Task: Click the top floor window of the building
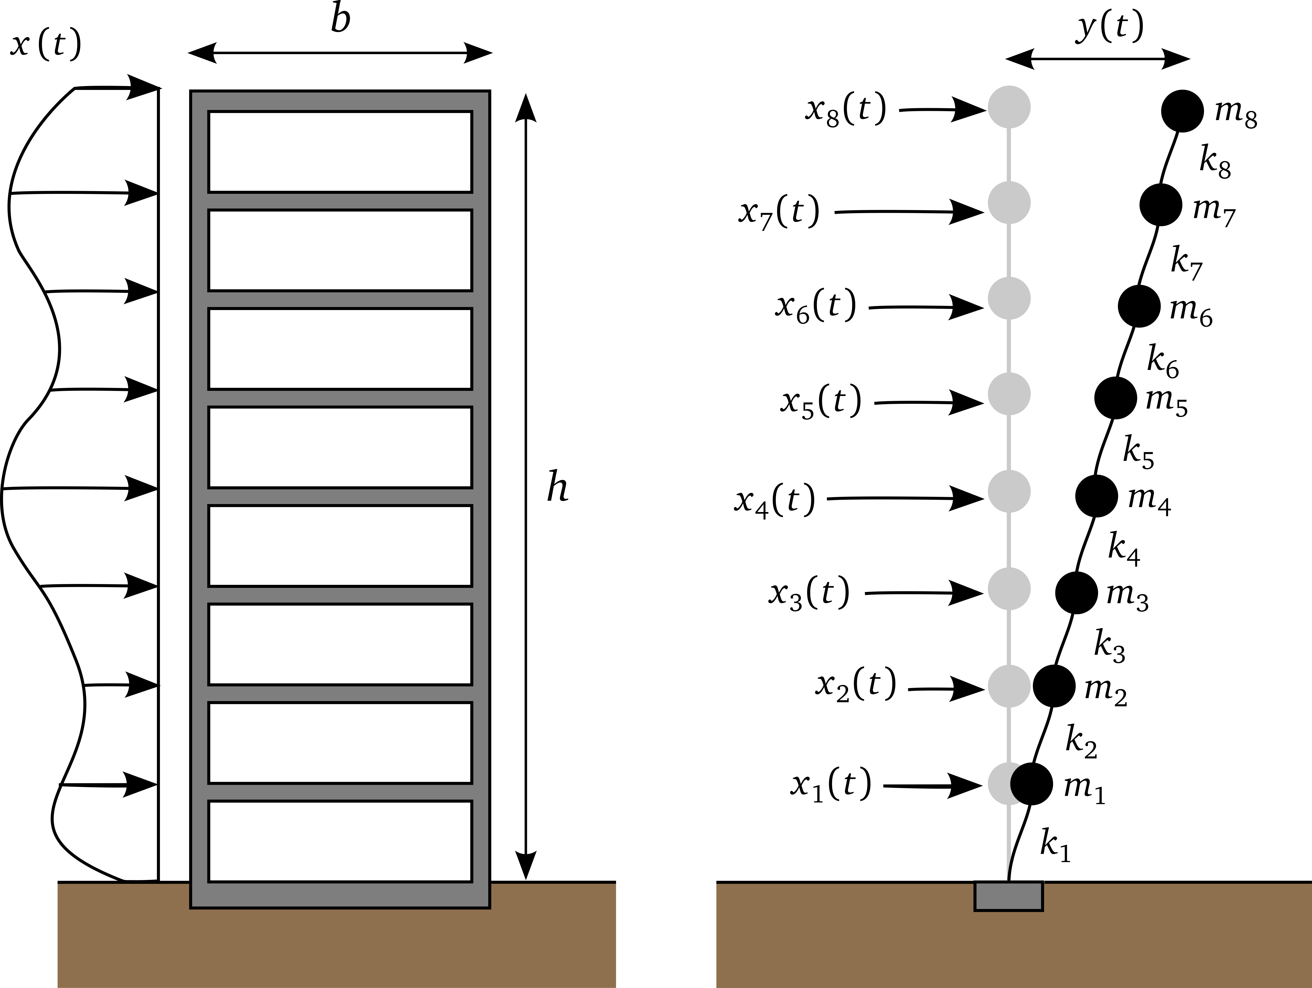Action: [340, 152]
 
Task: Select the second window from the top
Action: [340, 250]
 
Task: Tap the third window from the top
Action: [340, 349]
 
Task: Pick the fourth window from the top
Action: [340, 447]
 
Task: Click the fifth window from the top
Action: [340, 546]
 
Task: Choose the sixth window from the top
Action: [340, 644]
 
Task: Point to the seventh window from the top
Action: [340, 742]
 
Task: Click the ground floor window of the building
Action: [340, 841]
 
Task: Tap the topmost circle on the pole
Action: [1009, 107]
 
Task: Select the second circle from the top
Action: [1009, 203]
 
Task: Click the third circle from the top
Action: [1009, 298]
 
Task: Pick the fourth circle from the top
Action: [1009, 394]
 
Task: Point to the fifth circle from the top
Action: [1009, 491]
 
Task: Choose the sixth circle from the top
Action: [1009, 589]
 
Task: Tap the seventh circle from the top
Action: [1009, 686]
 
